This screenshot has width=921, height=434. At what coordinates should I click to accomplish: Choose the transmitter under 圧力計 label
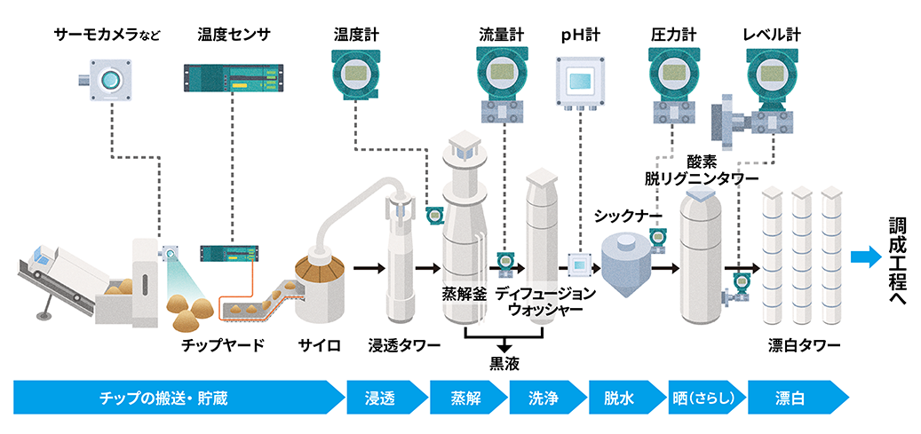[672, 75]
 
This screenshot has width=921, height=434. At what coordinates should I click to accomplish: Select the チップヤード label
[222, 345]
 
